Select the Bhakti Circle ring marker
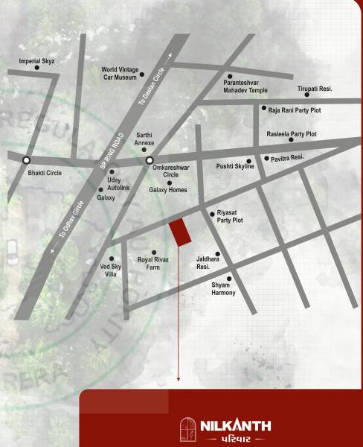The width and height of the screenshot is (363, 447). point(27,159)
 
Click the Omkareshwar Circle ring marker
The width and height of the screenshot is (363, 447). point(150,159)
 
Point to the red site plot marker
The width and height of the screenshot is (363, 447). point(180,233)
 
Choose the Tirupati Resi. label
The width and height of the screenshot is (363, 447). point(315,88)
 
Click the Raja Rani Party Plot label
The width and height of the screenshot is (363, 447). point(294,109)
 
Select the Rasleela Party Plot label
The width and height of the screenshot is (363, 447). point(292,134)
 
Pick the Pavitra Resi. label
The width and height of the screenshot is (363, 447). point(288,158)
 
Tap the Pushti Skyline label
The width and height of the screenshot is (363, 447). point(235,166)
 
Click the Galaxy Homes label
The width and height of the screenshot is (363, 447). point(168,191)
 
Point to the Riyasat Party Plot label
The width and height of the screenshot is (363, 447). point(230,217)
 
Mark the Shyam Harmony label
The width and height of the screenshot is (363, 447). point(223,288)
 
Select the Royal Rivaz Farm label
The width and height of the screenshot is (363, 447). point(153,263)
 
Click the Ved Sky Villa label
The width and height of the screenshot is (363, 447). point(109,270)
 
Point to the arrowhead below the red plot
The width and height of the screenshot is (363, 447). point(179,380)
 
